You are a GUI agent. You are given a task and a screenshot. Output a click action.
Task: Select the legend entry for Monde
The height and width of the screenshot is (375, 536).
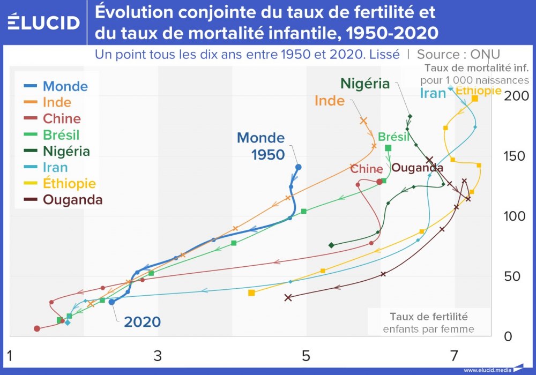(65, 86)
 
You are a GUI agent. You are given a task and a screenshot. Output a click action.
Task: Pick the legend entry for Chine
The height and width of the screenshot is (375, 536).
(61, 118)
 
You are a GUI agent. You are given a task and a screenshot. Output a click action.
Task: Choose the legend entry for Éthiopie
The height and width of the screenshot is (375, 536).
(69, 184)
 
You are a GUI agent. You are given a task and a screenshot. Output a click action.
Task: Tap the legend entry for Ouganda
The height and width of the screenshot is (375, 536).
(72, 200)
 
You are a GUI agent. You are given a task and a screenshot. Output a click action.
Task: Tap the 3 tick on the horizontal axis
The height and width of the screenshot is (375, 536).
(158, 355)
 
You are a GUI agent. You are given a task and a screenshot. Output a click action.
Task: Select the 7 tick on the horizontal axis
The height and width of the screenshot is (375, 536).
(455, 355)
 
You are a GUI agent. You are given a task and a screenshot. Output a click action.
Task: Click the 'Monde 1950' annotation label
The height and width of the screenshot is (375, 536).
(261, 146)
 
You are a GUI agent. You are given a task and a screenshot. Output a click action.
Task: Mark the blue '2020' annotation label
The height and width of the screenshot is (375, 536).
(142, 322)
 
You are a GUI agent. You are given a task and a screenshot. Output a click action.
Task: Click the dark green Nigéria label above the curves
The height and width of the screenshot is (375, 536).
(364, 84)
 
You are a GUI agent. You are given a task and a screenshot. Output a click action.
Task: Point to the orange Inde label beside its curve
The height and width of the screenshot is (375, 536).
(329, 100)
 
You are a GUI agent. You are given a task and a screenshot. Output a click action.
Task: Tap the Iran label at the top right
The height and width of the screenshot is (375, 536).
(433, 93)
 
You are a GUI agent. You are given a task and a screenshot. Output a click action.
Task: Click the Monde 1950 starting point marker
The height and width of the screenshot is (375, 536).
(299, 167)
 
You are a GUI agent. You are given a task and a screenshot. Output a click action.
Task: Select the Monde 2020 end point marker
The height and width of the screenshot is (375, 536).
(111, 302)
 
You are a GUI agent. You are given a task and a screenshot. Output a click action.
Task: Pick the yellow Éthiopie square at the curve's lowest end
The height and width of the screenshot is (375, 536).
(251, 292)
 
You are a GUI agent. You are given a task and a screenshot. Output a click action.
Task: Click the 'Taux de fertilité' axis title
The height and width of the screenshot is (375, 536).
(428, 316)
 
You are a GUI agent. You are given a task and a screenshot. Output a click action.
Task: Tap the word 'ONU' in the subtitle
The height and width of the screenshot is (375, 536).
(486, 54)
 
